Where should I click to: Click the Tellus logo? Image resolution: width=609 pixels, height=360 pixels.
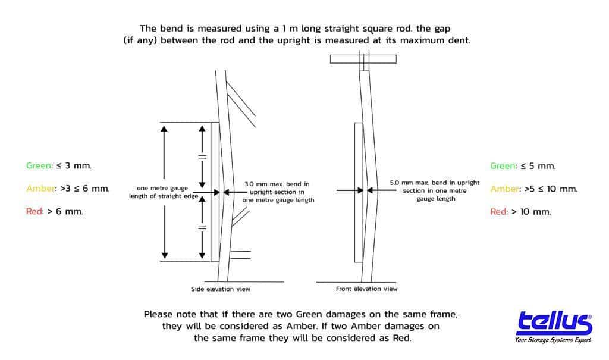click(554, 323)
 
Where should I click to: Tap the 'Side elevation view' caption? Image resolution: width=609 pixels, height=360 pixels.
click(221, 289)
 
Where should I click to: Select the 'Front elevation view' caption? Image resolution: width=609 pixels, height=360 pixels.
click(366, 289)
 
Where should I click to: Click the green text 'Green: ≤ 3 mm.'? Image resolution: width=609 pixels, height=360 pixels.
click(59, 165)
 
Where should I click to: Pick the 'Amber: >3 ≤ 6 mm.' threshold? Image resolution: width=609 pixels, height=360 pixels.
click(68, 189)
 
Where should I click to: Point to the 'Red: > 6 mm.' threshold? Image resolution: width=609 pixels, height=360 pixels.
click(55, 211)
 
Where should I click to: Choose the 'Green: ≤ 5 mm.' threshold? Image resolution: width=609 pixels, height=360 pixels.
click(523, 166)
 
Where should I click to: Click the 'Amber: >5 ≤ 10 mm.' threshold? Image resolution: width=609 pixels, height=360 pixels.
click(534, 189)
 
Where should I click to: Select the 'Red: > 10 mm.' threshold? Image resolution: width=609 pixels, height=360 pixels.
click(521, 212)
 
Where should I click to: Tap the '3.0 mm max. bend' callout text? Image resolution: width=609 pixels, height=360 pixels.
click(278, 192)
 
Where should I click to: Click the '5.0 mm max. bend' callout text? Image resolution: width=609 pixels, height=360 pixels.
click(435, 190)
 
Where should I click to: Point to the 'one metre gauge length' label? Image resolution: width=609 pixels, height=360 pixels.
click(164, 192)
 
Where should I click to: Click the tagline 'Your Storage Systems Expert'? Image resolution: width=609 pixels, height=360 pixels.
click(553, 340)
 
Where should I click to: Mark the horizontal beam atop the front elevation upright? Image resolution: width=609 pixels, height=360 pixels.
click(363, 59)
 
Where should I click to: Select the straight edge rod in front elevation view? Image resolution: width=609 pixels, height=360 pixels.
click(359, 192)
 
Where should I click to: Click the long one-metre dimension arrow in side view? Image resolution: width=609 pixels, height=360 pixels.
click(164, 192)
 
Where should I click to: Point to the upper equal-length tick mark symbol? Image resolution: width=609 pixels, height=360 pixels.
click(202, 156)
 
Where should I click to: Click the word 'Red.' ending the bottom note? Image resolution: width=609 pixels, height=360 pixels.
click(401, 338)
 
